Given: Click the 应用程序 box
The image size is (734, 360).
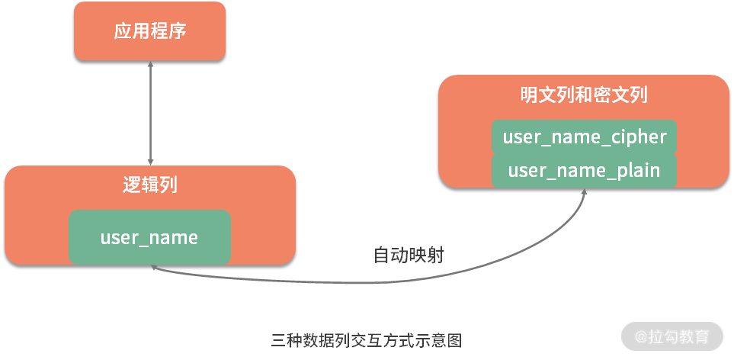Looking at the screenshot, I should (149, 31).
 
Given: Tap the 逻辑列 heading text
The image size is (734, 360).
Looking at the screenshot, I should (150, 185).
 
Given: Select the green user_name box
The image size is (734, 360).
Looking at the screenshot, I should (149, 237).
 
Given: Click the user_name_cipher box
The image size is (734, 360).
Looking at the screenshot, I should (584, 137).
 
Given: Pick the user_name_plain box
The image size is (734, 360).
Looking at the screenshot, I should (584, 169).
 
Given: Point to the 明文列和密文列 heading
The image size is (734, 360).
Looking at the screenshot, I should (584, 95).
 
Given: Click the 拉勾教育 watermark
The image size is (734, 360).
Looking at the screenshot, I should (671, 336).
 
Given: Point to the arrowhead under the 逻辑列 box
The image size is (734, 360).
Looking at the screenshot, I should (152, 268).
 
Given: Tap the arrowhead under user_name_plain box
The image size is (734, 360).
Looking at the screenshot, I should (585, 192).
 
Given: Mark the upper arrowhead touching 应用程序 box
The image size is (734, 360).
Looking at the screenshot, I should (150, 65).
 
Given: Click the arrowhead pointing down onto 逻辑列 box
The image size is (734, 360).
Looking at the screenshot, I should (150, 162).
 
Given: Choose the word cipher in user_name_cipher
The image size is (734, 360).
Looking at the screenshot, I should (639, 137).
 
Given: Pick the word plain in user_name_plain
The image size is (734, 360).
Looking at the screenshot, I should (636, 169).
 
